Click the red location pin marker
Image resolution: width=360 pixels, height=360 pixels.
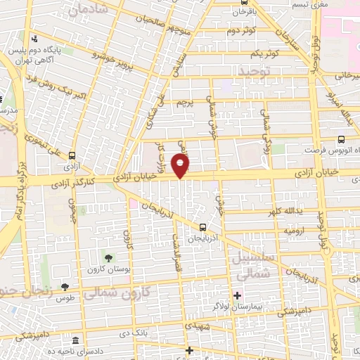pos(181,166)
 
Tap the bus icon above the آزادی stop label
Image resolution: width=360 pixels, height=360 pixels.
pos(71,156)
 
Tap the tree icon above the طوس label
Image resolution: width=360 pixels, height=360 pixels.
pos(65,286)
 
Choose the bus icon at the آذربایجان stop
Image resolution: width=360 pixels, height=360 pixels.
pos(202,226)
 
